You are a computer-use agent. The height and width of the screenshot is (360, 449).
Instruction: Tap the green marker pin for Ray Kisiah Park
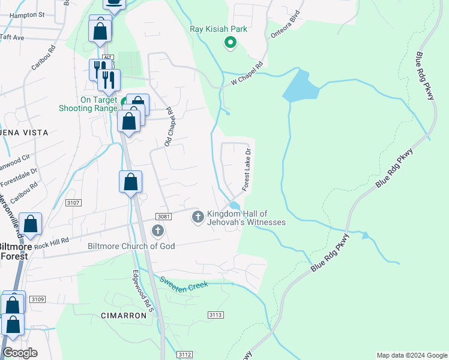tap(229, 43)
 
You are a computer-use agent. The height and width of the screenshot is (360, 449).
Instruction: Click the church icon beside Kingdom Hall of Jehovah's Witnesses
tap(197, 217)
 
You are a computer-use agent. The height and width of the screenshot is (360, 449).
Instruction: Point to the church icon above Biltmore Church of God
tap(158, 230)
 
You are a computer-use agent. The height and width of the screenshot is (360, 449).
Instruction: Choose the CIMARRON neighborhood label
tap(124, 315)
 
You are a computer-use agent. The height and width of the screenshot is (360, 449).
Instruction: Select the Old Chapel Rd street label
tap(169, 127)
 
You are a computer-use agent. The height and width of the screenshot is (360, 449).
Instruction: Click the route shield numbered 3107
tap(73, 203)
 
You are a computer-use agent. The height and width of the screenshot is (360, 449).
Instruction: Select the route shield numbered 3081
tap(163, 216)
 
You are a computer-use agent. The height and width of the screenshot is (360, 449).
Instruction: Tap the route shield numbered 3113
tap(215, 315)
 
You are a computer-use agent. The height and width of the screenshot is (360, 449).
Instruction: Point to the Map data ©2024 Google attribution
tap(411, 355)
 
